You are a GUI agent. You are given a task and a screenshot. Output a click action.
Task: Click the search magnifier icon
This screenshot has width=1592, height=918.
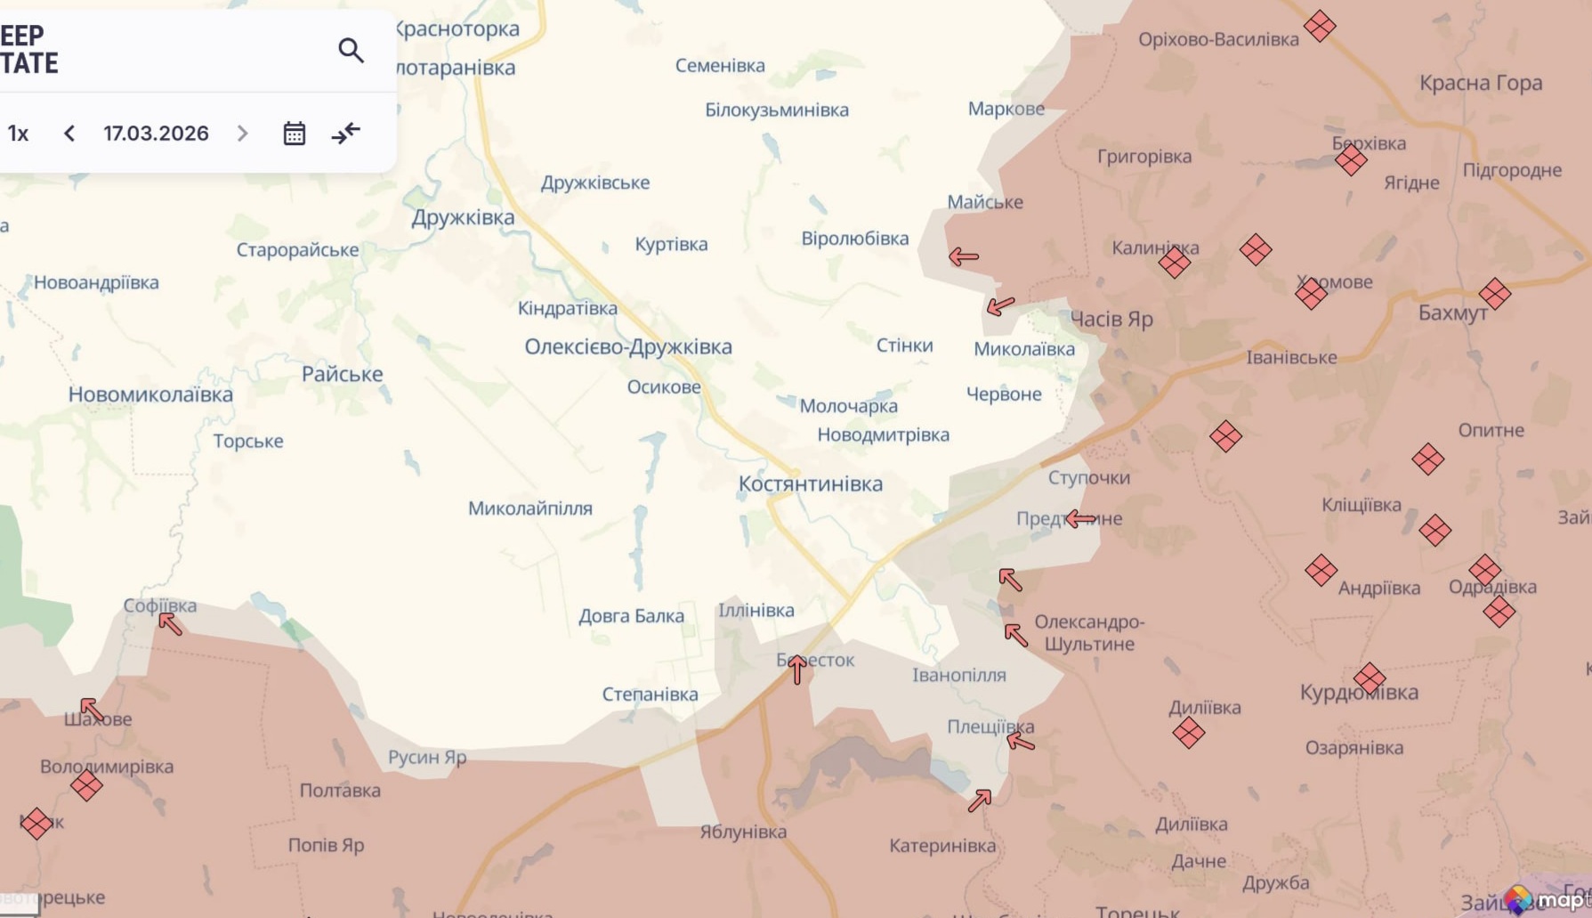(x=351, y=51)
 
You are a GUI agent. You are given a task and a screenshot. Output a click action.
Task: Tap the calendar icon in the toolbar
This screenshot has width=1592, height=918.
(x=294, y=134)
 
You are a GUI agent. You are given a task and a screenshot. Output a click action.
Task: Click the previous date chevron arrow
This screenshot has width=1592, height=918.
(x=69, y=134)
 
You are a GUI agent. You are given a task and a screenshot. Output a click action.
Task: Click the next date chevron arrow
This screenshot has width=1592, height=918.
(x=242, y=134)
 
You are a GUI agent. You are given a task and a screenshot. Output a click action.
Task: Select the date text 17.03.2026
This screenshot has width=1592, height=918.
(x=156, y=134)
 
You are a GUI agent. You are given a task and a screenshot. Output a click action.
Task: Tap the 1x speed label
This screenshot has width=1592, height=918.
(x=18, y=134)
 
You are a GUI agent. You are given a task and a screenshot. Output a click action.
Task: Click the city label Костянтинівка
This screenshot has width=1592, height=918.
(x=810, y=483)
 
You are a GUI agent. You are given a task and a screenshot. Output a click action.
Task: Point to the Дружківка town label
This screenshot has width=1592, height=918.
(x=463, y=217)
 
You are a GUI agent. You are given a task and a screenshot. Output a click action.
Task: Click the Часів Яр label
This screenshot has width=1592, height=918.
(x=1111, y=319)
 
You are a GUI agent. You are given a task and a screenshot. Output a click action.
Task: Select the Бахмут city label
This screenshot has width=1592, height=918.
(x=1452, y=313)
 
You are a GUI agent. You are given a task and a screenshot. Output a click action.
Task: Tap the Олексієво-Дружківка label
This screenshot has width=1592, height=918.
(x=627, y=346)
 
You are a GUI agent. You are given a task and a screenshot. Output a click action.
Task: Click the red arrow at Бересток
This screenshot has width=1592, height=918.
(x=797, y=669)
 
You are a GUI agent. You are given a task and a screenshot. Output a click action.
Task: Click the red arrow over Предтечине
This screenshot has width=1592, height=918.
(x=1080, y=518)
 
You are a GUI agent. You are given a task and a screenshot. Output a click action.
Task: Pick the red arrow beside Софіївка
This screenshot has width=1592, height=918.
(x=170, y=623)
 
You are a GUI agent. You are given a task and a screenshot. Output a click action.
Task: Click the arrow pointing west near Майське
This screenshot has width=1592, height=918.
(x=963, y=257)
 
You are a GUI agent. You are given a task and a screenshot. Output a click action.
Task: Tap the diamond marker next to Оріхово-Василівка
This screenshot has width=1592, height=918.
(x=1319, y=26)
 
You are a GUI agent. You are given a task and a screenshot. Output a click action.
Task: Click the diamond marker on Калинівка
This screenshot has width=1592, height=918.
(x=1174, y=262)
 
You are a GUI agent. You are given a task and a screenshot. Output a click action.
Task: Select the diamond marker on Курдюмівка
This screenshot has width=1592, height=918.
(x=1369, y=678)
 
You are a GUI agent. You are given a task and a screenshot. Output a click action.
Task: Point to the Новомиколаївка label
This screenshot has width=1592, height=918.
(x=150, y=394)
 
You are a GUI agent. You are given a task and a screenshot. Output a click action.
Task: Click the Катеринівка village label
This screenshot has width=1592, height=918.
(x=942, y=845)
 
